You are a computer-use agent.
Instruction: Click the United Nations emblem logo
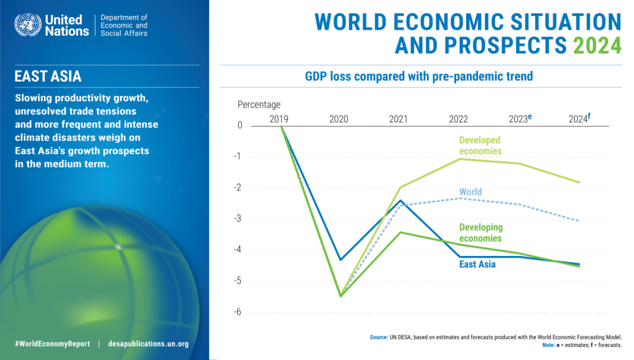[x=26, y=25]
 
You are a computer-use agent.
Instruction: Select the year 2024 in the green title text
[x=596, y=45]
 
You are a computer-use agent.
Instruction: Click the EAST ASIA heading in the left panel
[x=48, y=76]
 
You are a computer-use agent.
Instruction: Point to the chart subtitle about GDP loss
[x=419, y=76]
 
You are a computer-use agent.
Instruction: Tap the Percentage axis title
[x=259, y=105]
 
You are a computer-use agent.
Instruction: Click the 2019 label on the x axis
[x=279, y=119]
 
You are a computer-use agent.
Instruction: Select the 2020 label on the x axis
[x=339, y=119]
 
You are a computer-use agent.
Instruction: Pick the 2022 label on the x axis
[x=458, y=119]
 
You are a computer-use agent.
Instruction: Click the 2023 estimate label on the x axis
[x=520, y=119]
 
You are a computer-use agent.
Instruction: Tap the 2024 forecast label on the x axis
[x=579, y=119]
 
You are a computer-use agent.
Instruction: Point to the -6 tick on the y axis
[x=238, y=312]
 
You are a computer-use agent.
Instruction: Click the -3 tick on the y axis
[x=238, y=219]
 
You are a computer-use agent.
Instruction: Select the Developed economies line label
[x=480, y=146]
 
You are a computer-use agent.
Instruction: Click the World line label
[x=471, y=192]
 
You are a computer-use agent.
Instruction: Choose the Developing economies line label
[x=481, y=233]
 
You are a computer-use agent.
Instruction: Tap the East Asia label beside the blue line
[x=477, y=264]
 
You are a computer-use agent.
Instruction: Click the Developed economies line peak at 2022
[x=459, y=159]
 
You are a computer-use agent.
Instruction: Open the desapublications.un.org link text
[x=149, y=344]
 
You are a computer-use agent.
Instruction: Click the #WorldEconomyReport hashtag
[x=52, y=344]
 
